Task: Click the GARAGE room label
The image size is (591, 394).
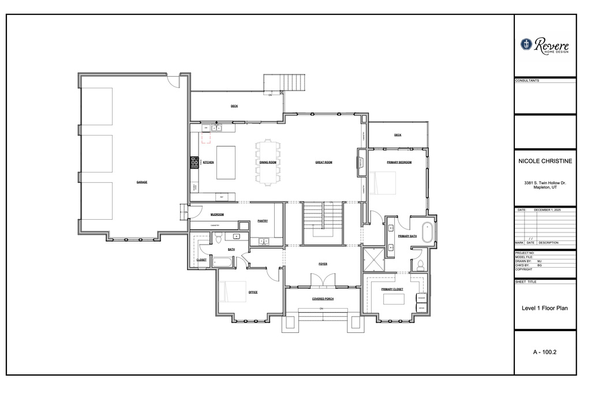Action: tap(142, 182)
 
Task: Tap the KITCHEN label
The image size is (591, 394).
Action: tap(208, 163)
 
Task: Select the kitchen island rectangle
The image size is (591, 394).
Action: tap(226, 162)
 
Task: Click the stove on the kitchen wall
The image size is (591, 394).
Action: tap(193, 163)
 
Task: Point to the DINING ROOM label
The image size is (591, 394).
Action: tap(268, 163)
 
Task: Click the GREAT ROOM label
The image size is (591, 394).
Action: tap(324, 163)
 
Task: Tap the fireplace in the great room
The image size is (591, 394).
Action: tap(361, 162)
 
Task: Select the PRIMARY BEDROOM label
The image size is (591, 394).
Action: tap(399, 163)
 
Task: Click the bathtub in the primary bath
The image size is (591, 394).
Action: tap(428, 231)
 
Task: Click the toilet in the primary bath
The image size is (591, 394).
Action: tap(420, 265)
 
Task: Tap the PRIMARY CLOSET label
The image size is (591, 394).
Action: tap(392, 289)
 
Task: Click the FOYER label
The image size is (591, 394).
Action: tap(323, 264)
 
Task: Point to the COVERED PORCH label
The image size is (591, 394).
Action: tap(323, 299)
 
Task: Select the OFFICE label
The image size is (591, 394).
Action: tap(253, 292)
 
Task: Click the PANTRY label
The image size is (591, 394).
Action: tap(263, 220)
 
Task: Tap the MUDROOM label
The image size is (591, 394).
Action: tap(217, 215)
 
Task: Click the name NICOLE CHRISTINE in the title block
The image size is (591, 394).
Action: tap(545, 162)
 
